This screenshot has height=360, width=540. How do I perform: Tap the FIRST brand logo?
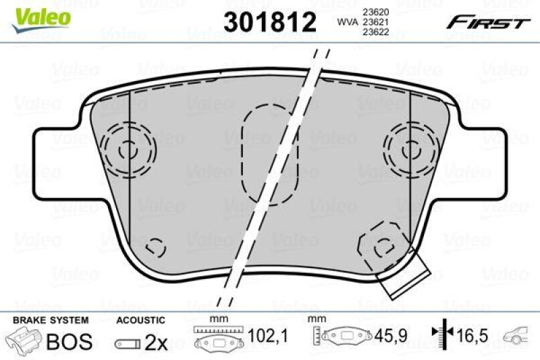point(486,22)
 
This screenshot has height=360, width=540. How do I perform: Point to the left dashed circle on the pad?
point(128,147)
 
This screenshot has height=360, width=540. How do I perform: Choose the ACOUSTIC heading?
point(140,319)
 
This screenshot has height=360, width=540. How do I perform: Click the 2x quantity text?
point(157,342)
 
